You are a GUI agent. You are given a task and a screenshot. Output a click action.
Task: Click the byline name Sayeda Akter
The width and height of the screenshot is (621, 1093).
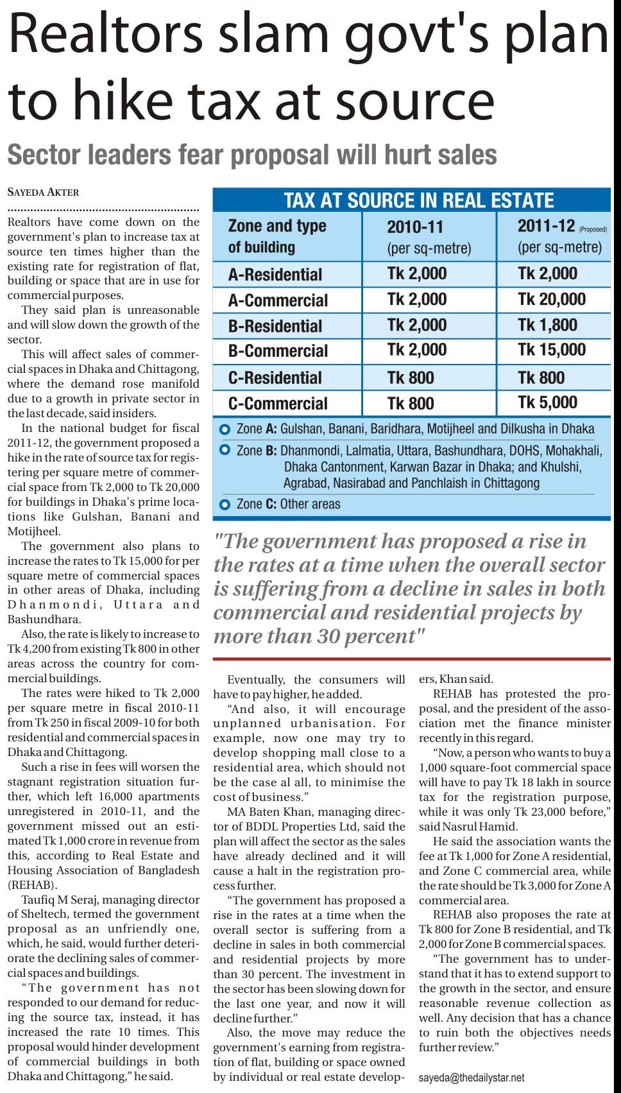(43, 192)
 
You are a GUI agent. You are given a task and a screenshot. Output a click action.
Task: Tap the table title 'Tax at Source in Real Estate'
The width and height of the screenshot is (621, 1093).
(418, 200)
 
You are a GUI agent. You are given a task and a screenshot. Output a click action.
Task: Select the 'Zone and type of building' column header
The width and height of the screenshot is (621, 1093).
(277, 236)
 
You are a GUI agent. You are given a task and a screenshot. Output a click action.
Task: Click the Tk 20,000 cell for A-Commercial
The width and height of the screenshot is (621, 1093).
(551, 300)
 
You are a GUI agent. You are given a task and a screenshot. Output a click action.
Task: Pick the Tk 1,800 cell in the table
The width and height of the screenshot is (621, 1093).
(547, 325)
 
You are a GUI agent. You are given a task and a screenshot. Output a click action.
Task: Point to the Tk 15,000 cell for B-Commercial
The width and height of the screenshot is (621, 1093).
(551, 350)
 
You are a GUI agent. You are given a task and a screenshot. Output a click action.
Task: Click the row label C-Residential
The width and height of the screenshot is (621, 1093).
(275, 378)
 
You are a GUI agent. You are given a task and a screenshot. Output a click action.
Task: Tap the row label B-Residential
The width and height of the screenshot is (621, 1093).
(275, 326)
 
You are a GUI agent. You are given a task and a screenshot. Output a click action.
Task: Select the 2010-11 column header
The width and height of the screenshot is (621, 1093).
(415, 227)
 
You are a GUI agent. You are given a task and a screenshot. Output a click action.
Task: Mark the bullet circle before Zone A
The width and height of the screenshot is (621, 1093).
(225, 429)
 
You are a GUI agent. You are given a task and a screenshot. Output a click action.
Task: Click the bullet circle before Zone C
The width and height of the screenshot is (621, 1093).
(225, 504)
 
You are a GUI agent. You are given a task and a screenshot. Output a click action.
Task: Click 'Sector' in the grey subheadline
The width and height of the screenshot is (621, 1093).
(45, 155)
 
